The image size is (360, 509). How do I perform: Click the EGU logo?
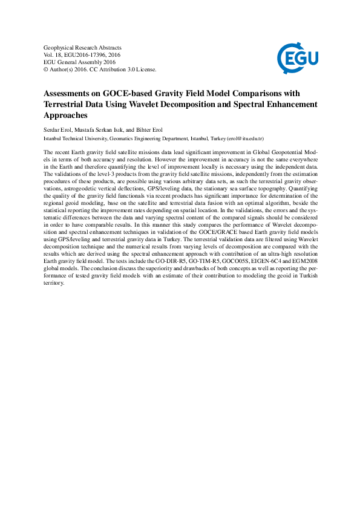298,58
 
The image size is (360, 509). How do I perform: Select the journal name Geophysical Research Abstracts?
83,47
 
